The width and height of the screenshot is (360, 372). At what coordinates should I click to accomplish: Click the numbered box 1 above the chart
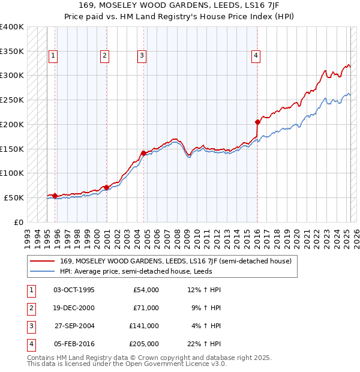(x=53, y=56)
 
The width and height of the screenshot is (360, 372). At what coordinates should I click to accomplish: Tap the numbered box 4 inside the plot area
(x=256, y=56)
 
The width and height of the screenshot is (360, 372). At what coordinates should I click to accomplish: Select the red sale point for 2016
(x=257, y=122)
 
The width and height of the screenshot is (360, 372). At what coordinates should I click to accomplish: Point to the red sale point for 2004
(x=143, y=153)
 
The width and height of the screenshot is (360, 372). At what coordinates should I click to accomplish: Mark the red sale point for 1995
(x=55, y=196)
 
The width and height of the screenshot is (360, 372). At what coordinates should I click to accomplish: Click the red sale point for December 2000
(x=106, y=187)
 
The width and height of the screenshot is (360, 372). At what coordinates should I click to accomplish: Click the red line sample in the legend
(x=42, y=261)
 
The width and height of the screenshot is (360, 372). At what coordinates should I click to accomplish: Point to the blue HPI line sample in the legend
(x=42, y=271)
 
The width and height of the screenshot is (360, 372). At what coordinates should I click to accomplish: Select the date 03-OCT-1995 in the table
(x=74, y=290)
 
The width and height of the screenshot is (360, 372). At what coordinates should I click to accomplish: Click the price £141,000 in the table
(x=143, y=326)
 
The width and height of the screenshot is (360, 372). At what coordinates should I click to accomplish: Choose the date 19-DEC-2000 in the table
(x=74, y=308)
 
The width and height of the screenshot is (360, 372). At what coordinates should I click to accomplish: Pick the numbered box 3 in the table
(x=31, y=326)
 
